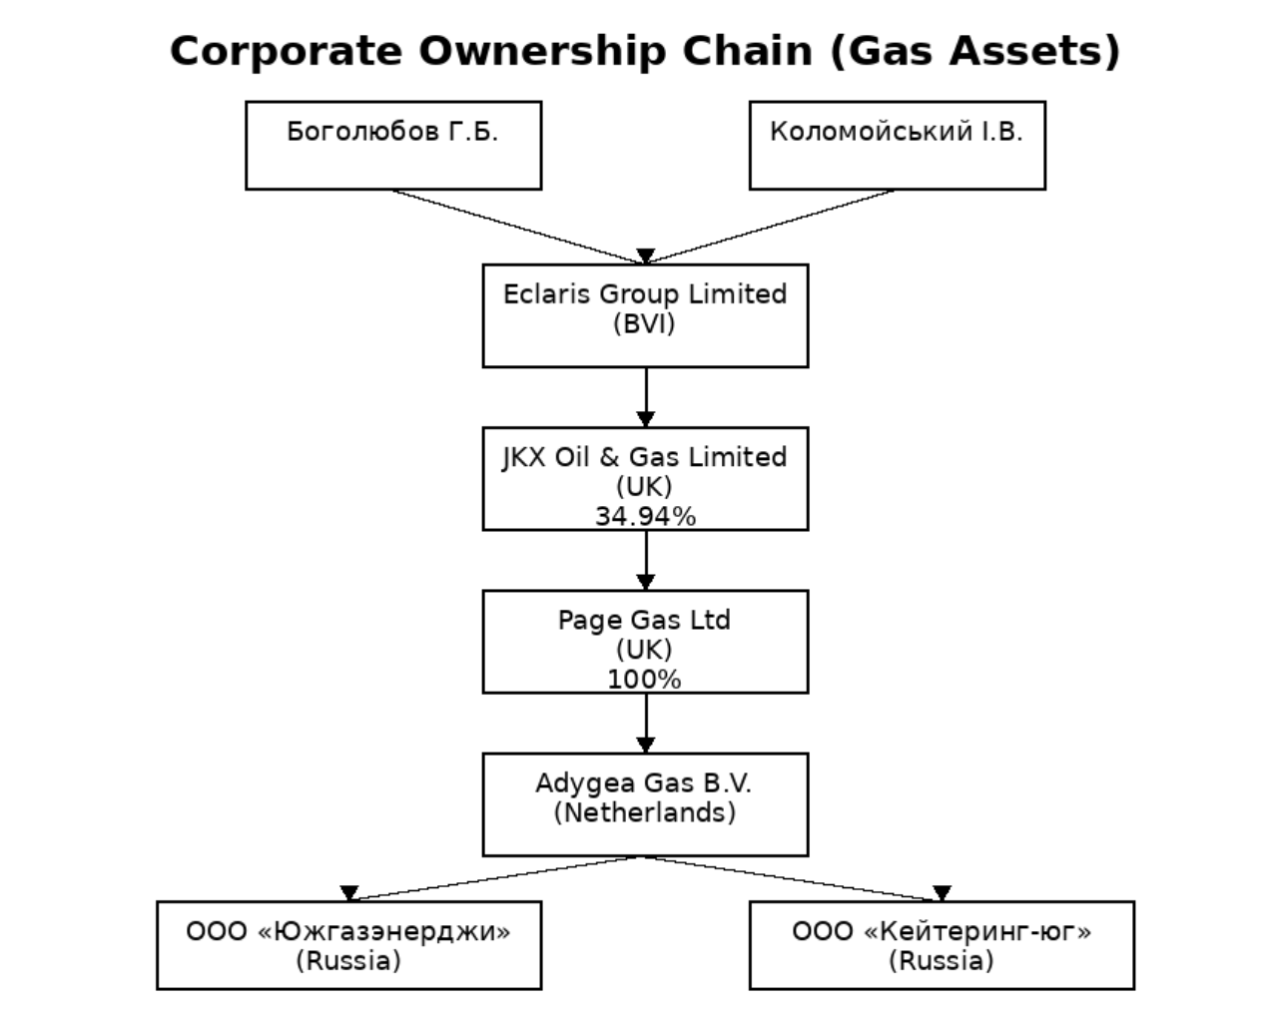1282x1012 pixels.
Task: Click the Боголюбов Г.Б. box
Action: tap(393, 146)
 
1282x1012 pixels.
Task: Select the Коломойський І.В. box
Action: tap(897, 146)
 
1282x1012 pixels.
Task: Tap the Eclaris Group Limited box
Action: tap(645, 315)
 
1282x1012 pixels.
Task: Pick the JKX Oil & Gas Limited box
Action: tap(645, 478)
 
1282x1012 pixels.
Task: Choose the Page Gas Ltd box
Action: tap(645, 641)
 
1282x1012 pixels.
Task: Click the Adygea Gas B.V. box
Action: tap(645, 804)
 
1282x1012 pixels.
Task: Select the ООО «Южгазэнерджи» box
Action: tap(348, 945)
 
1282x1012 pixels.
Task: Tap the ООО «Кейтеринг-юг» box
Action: tap(942, 945)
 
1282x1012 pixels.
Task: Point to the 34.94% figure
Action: tap(645, 516)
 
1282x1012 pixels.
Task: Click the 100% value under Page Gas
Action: tap(644, 680)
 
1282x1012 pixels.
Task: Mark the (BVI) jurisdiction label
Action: tap(644, 324)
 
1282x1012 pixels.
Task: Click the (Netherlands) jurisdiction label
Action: tap(645, 812)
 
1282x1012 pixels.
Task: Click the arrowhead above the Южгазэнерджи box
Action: tap(348, 893)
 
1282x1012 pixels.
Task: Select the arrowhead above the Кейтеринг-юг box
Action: tap(942, 893)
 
